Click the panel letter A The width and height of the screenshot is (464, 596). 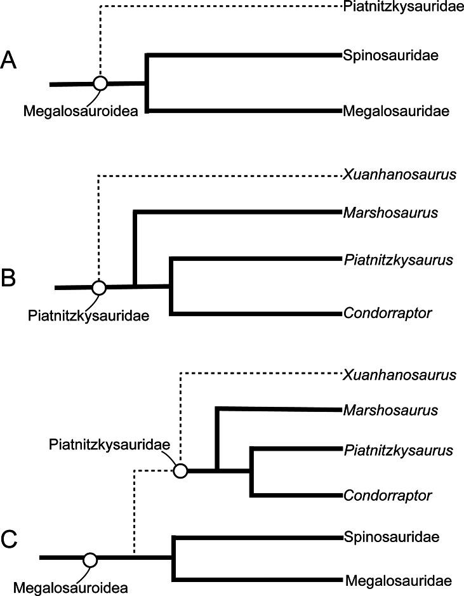coord(10,62)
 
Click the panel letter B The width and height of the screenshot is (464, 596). coord(10,279)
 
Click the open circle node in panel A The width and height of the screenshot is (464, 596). coord(100,83)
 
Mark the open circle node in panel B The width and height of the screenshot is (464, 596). coord(98,288)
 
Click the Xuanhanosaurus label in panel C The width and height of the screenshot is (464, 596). coord(399,374)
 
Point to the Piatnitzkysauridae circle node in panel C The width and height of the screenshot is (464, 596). coord(180,471)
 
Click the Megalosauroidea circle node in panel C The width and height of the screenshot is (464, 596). coord(90,559)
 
